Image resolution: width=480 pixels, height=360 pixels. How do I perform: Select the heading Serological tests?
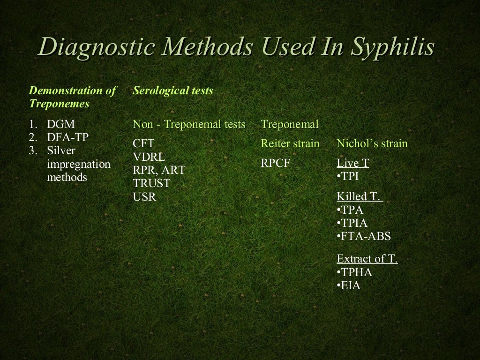point(172,90)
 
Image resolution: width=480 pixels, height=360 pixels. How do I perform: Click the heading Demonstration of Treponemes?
point(72,97)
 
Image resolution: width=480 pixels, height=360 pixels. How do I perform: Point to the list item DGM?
point(60,125)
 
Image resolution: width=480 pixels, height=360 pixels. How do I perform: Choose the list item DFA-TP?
point(68,138)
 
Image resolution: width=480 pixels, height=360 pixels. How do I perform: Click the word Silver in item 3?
point(61,151)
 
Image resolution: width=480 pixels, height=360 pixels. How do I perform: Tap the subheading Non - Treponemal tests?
point(189,125)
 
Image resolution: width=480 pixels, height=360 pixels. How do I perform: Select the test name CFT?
point(143,143)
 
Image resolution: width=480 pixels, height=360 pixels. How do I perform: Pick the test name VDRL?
point(149,157)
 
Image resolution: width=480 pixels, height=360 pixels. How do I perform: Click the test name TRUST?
point(151,183)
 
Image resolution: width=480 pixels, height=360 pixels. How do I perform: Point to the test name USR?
point(144,197)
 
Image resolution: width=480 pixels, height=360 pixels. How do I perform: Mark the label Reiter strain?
point(290,143)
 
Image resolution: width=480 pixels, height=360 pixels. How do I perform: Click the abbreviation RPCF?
point(276,164)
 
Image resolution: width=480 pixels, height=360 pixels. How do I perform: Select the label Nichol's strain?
point(372,143)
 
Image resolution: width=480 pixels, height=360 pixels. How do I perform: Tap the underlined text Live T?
point(353,164)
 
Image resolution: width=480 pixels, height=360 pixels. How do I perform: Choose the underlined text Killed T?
point(360,197)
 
